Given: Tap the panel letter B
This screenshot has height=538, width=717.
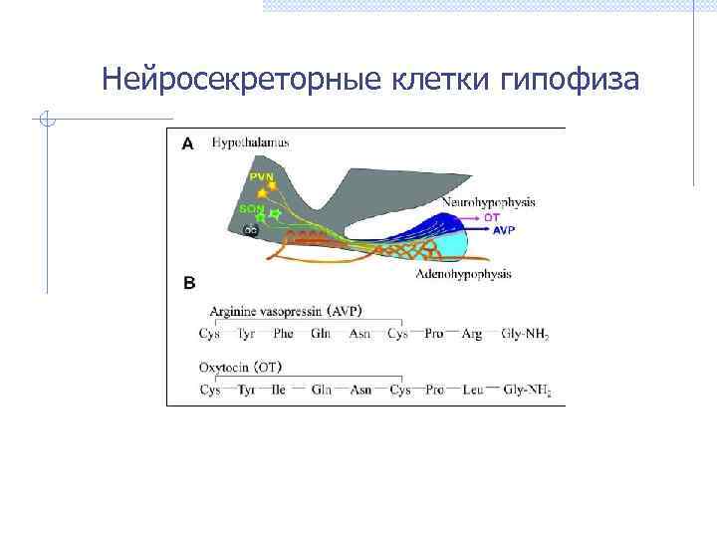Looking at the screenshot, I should coord(188,283).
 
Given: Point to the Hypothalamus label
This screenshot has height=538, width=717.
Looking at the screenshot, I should coord(250,142).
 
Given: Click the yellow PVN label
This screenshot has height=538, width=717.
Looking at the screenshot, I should coord(261,176).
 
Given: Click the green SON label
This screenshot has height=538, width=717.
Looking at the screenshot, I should coord(251,208).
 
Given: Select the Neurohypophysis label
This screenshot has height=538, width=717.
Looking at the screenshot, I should coord(488,202).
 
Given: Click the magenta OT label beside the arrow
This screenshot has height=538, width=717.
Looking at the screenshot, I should coord(492,216).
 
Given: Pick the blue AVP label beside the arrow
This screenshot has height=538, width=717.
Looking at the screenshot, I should coord(505,229).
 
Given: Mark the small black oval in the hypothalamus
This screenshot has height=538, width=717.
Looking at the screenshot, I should coord(252,230).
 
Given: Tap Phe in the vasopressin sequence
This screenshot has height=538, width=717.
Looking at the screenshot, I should coord(283,334).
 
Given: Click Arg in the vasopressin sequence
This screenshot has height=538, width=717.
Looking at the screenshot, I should coord(471,334).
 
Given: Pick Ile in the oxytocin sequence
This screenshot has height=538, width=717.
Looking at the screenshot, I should coord(280,390).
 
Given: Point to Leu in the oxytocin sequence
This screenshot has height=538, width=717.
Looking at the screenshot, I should coord(472,390).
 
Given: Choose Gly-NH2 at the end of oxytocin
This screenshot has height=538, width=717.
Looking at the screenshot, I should coord(527,390).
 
